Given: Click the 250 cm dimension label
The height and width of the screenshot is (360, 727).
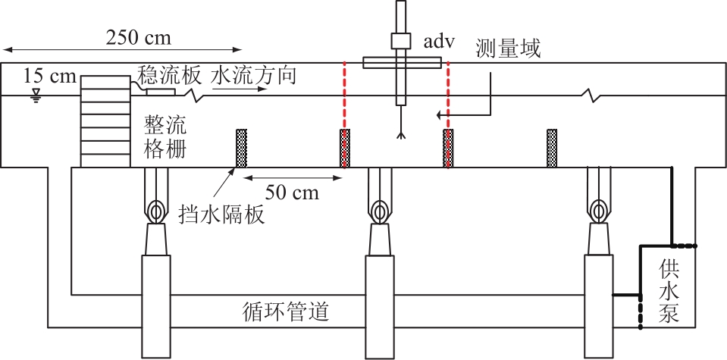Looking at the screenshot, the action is [x=138, y=38].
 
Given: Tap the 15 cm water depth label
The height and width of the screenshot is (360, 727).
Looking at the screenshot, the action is [x=49, y=76].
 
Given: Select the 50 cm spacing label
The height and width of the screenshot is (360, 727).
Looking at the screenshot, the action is [x=292, y=193].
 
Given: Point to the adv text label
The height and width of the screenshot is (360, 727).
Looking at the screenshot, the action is [x=439, y=42].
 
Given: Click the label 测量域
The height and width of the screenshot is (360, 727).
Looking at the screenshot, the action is [x=508, y=49].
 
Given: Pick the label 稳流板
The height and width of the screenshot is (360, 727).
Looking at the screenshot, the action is [x=169, y=75].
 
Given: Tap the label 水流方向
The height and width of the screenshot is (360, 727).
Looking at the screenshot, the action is [x=253, y=75].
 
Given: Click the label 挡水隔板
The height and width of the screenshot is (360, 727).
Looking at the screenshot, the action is [x=221, y=215].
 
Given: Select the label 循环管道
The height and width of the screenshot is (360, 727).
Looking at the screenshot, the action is [x=286, y=311].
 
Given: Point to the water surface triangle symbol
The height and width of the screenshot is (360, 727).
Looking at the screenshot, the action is [x=35, y=97].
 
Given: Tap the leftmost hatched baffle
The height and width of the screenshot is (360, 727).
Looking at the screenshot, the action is [x=242, y=149].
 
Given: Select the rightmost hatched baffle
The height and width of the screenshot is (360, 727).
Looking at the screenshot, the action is [x=552, y=149].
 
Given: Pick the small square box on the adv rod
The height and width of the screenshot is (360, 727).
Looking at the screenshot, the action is [x=401, y=41].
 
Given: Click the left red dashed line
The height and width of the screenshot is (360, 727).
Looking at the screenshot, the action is [x=344, y=115].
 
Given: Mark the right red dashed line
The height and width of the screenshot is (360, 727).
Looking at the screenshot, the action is [x=448, y=115].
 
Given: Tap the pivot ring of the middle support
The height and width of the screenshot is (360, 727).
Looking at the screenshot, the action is [x=380, y=212].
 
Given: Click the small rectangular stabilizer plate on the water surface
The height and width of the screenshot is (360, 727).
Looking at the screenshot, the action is [x=161, y=92].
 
